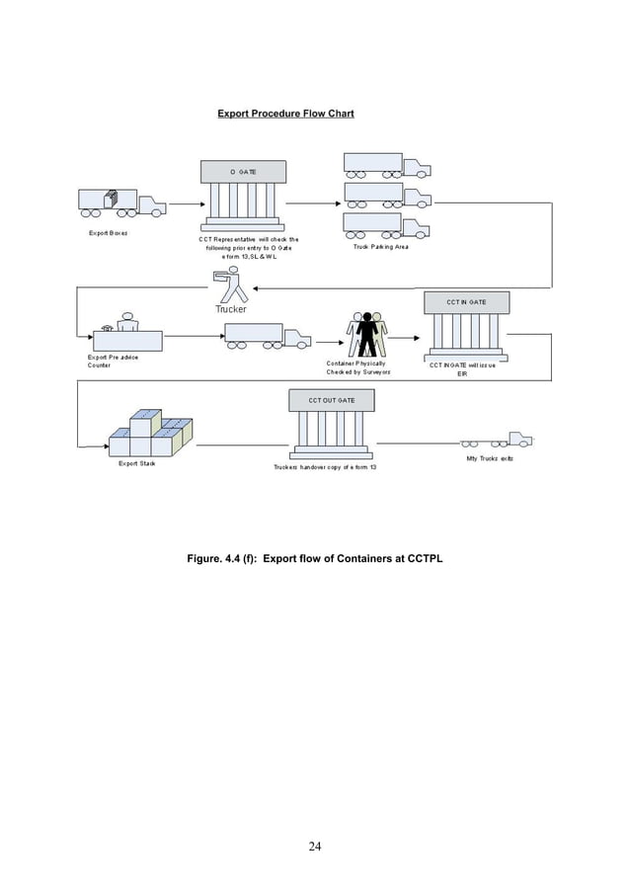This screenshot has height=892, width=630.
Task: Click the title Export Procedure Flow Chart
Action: point(285,114)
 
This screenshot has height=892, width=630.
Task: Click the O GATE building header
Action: point(243,172)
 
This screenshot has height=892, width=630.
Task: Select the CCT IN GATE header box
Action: point(466,300)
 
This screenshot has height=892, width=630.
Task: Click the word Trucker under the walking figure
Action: point(231,309)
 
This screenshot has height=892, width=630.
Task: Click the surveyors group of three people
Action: point(368,334)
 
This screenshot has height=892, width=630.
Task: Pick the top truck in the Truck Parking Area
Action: point(386,165)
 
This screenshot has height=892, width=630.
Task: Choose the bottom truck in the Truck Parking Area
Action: point(386,226)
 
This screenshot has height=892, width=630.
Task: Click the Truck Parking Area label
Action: point(380,247)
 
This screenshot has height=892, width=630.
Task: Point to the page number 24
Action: point(314,846)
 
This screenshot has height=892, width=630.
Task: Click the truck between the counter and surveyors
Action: point(268,337)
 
